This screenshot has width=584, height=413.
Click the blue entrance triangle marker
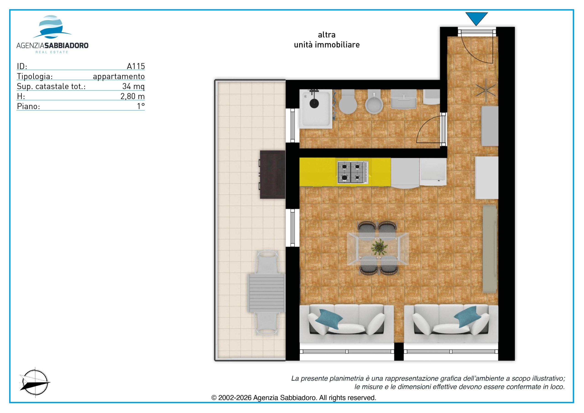pos(476,18)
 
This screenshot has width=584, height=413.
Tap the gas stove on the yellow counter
pos(352,172)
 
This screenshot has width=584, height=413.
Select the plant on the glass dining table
pos(379,247)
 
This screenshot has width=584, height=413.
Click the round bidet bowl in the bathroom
pos(374,104)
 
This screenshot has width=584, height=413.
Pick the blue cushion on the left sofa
pos(330,319)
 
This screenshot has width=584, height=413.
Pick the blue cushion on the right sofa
pos(467,317)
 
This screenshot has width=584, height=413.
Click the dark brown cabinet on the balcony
pos(272,175)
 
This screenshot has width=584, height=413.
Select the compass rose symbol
pos(35,382)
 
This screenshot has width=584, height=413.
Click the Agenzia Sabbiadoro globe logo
pos(52,27)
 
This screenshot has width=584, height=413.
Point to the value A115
pos(136,66)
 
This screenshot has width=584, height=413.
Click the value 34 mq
pos(133,86)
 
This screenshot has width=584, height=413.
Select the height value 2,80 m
pos(133,96)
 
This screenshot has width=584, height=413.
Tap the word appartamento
pos(119,76)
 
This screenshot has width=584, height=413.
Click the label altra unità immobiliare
pos(327,40)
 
